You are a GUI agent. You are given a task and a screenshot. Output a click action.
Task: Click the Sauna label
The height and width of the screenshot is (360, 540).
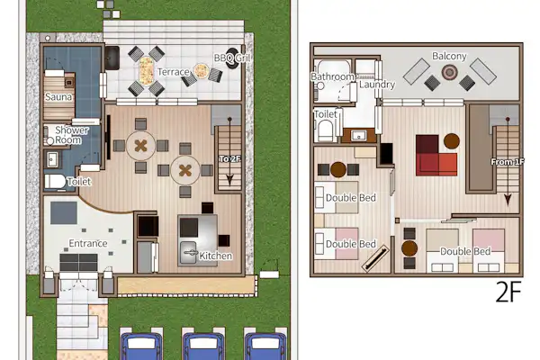click(58, 97)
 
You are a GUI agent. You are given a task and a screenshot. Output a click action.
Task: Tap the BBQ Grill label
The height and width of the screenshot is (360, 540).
click(232, 58)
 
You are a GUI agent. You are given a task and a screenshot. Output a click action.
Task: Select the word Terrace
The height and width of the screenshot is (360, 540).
click(173, 72)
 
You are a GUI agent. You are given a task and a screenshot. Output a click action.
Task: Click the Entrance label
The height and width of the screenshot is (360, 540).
click(88, 243)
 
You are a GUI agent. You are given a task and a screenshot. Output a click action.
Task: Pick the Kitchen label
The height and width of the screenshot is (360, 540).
click(216, 256)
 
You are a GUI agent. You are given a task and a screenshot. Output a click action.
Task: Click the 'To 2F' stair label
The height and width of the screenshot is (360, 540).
click(230, 158)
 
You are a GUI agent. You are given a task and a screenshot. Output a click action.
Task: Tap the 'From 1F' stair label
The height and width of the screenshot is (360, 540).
click(508, 161)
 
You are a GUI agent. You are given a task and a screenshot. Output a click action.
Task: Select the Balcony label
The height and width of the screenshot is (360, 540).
click(449, 56)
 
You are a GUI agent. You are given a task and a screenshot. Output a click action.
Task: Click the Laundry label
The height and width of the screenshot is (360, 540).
click(377, 85)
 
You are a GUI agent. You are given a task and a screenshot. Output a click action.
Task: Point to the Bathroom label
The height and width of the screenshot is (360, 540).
click(332, 76)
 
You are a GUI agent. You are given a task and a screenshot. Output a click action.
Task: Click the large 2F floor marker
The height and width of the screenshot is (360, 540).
click(508, 292)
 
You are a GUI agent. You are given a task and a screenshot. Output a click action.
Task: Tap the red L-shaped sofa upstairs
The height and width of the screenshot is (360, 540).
click(436, 156)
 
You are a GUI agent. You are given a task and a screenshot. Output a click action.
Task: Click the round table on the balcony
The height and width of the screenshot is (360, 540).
click(449, 72)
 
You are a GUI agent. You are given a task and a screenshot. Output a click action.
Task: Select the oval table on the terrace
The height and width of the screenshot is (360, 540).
click(146, 72)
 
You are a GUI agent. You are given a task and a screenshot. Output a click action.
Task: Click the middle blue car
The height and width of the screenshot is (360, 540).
click(203, 346)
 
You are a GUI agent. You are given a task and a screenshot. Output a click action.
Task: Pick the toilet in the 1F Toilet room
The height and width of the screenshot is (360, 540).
click(55, 182)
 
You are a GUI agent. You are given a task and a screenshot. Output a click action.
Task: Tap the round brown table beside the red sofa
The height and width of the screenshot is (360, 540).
click(452, 141)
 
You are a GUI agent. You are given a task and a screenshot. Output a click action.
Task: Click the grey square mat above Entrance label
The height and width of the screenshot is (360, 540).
click(64, 213)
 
